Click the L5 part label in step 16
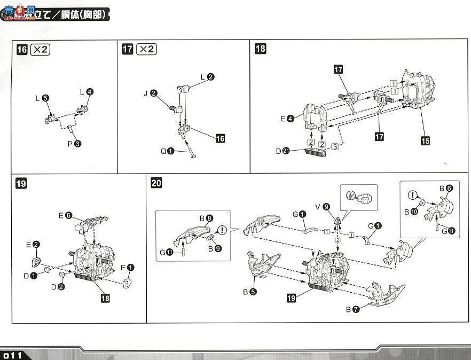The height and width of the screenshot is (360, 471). tap(42, 98)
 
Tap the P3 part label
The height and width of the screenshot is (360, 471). tap(74, 143)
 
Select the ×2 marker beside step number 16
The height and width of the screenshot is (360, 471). tap(41, 50)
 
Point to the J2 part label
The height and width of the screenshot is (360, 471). tap(150, 93)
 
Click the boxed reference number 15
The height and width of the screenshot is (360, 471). tap(425, 141)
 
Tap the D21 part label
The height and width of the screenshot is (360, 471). tap(282, 151)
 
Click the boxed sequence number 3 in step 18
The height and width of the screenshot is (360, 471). tap(334, 146)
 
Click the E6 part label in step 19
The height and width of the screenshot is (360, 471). tap(65, 215)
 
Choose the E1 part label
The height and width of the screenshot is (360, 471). tap(127, 268)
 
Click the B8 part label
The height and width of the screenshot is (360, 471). tap(206, 218)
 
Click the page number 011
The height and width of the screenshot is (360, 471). tap(11, 355)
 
